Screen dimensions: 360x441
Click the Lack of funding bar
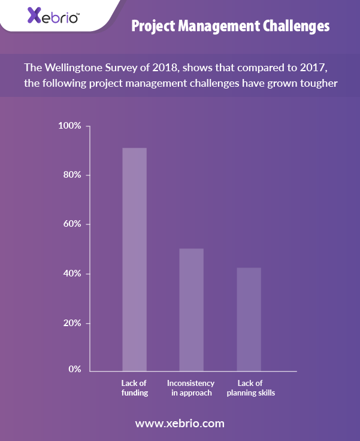[135, 259]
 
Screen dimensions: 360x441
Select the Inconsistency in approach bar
[192, 309]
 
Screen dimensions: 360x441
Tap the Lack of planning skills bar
[249, 319]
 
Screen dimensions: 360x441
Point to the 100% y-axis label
[69, 126]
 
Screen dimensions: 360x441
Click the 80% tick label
[72, 175]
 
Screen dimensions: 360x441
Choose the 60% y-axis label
[72, 224]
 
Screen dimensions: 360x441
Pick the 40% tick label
[72, 273]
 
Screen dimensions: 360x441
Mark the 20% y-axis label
[72, 323]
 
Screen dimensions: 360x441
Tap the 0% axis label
[75, 369]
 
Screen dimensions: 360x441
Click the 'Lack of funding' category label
[134, 388]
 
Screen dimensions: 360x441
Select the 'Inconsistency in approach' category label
[191, 388]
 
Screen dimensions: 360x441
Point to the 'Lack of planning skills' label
[251, 388]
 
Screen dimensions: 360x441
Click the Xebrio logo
[53, 16]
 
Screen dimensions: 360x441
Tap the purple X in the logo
[34, 15]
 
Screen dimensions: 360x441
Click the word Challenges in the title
[296, 26]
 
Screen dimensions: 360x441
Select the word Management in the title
[219, 26]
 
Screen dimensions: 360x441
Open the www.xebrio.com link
[180, 424]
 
